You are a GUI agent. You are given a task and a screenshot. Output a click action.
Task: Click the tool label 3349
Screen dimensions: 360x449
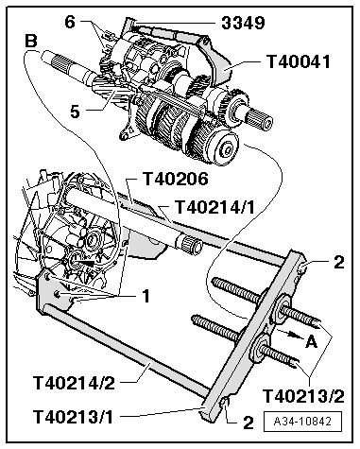[243, 23]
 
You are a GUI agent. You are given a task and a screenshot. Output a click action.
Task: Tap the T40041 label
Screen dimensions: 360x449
[299, 61]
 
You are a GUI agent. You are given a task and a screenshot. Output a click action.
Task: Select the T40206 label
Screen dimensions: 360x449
[176, 179]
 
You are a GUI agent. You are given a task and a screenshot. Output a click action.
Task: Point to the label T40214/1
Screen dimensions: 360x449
[215, 207]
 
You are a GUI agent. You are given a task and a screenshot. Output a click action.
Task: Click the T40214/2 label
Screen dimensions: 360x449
[74, 383]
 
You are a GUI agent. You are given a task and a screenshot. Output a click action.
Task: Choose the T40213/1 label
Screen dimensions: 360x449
[73, 417]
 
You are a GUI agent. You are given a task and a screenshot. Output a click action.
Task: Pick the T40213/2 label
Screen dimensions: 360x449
[303, 396]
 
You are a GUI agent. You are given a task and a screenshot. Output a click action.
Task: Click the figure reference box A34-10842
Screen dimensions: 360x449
[302, 422]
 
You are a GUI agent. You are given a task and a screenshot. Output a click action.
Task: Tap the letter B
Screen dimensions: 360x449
[30, 42]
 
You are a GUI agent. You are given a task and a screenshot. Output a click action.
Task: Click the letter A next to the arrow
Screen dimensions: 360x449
[312, 341]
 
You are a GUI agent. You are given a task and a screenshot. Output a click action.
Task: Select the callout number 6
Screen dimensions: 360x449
[70, 23]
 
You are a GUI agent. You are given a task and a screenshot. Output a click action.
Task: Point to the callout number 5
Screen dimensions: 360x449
[75, 112]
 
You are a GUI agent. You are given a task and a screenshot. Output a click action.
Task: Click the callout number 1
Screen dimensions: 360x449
[146, 296]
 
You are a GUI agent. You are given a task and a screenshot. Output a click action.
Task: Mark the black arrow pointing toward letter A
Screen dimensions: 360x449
[288, 334]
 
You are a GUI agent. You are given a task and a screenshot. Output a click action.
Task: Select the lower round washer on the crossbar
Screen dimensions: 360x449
[260, 349]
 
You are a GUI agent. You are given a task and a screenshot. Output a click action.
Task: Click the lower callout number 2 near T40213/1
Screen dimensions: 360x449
[249, 423]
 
